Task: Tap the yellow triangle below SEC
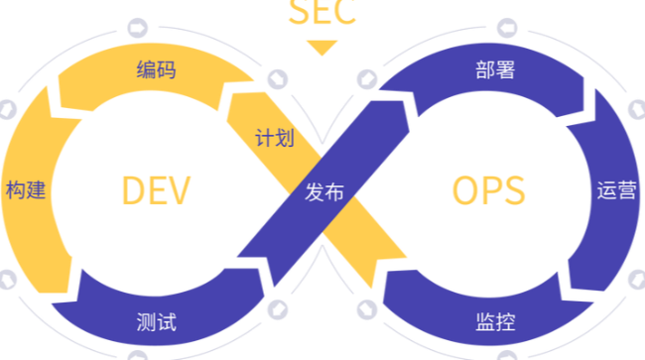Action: click(x=322, y=47)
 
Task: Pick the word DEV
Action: click(x=156, y=190)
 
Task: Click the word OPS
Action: click(x=487, y=190)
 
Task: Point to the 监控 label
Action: click(x=493, y=321)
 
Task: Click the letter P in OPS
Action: click(x=488, y=190)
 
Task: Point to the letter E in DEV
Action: click(x=157, y=190)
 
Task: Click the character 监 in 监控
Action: click(x=483, y=321)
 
